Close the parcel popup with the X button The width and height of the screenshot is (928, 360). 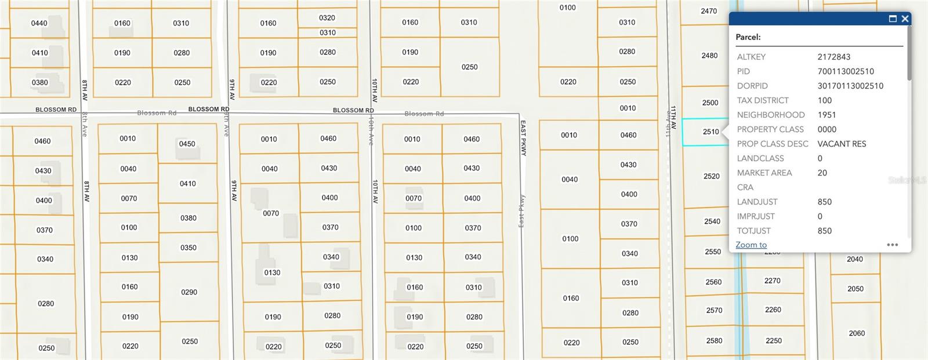pyautogui.click(x=905, y=19)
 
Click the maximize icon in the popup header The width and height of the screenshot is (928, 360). pyautogui.click(x=893, y=19)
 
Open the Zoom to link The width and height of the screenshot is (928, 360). pyautogui.click(x=751, y=245)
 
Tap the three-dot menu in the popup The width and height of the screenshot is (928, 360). pyautogui.click(x=893, y=245)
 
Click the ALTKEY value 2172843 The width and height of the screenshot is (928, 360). pyautogui.click(x=833, y=57)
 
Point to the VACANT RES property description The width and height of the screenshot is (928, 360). pyautogui.click(x=842, y=144)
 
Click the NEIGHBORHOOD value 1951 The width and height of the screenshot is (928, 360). pyautogui.click(x=826, y=115)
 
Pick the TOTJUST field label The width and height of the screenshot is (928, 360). pyautogui.click(x=753, y=231)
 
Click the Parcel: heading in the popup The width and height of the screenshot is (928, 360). pyautogui.click(x=748, y=37)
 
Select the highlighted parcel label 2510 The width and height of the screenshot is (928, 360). pyautogui.click(x=710, y=132)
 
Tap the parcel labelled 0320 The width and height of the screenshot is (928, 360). pyautogui.click(x=327, y=18)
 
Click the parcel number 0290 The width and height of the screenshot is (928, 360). pyautogui.click(x=189, y=292)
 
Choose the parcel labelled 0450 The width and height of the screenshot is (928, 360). pyautogui.click(x=187, y=144)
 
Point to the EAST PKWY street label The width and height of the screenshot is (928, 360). pyautogui.click(x=523, y=138)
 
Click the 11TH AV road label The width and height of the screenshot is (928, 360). pyautogui.click(x=673, y=117)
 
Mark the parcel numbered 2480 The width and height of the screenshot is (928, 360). pyautogui.click(x=709, y=56)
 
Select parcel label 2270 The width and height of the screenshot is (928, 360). pyautogui.click(x=772, y=281)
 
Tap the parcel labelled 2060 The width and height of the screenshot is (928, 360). pyautogui.click(x=857, y=333)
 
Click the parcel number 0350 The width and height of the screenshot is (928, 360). pyautogui.click(x=188, y=248)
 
